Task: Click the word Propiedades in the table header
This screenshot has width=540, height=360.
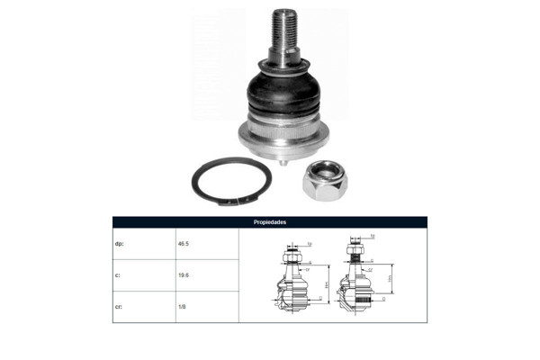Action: (x=269, y=221)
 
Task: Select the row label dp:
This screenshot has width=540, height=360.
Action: (x=119, y=243)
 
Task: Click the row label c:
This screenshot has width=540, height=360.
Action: (x=118, y=274)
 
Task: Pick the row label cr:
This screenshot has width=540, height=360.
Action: (x=119, y=306)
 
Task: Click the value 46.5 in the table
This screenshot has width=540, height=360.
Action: (x=184, y=243)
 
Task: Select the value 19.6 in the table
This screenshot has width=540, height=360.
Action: (x=184, y=274)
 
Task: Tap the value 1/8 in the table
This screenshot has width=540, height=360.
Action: (x=183, y=306)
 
